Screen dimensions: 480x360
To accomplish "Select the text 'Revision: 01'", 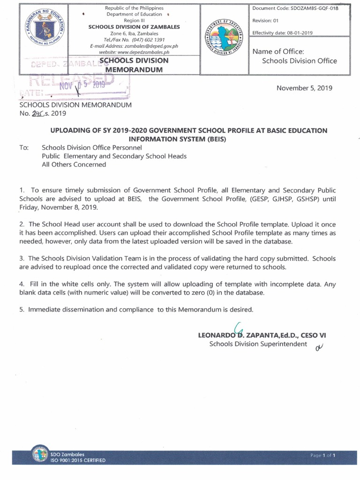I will point(266,21).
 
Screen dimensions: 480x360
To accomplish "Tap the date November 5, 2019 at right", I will point(304,88).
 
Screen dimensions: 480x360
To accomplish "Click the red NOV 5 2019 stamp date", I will point(84,86).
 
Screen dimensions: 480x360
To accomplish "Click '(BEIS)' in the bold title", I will point(212,139).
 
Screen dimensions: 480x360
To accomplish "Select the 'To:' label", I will point(24,148).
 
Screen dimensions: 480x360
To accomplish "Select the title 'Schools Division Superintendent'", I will point(258,345).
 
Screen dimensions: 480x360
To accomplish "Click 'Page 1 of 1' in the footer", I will point(323,455).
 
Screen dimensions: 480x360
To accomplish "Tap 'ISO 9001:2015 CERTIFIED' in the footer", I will point(78,460).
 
